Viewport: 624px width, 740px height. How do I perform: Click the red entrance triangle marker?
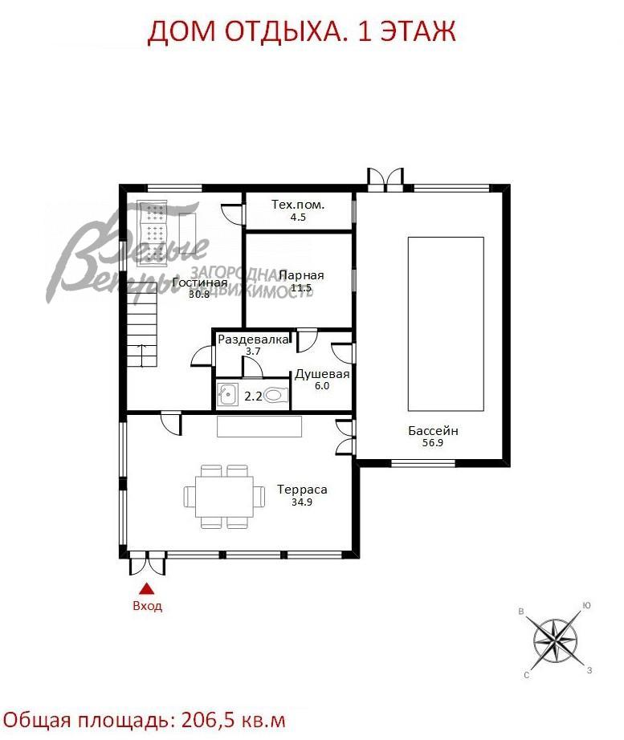148,588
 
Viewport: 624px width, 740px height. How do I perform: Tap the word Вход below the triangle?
148,605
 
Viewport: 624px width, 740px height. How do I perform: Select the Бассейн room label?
433,430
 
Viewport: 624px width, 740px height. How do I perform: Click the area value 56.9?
433,443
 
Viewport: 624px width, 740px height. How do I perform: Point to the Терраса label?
302,490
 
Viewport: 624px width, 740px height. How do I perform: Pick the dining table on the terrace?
224,496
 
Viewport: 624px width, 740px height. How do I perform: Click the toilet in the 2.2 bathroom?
276,395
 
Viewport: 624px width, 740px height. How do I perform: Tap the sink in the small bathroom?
228,394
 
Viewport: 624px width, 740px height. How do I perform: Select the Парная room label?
301,275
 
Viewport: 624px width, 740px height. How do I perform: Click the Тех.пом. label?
298,205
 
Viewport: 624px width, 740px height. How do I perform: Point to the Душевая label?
322,374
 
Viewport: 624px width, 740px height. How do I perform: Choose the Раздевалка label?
253,340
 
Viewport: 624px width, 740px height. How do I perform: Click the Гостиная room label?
200,283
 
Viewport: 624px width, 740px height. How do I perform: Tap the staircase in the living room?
142,325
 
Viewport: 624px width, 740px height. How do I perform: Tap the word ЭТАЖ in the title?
418,31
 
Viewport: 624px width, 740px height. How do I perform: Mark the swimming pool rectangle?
446,323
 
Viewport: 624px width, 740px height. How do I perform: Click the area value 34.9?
302,502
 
